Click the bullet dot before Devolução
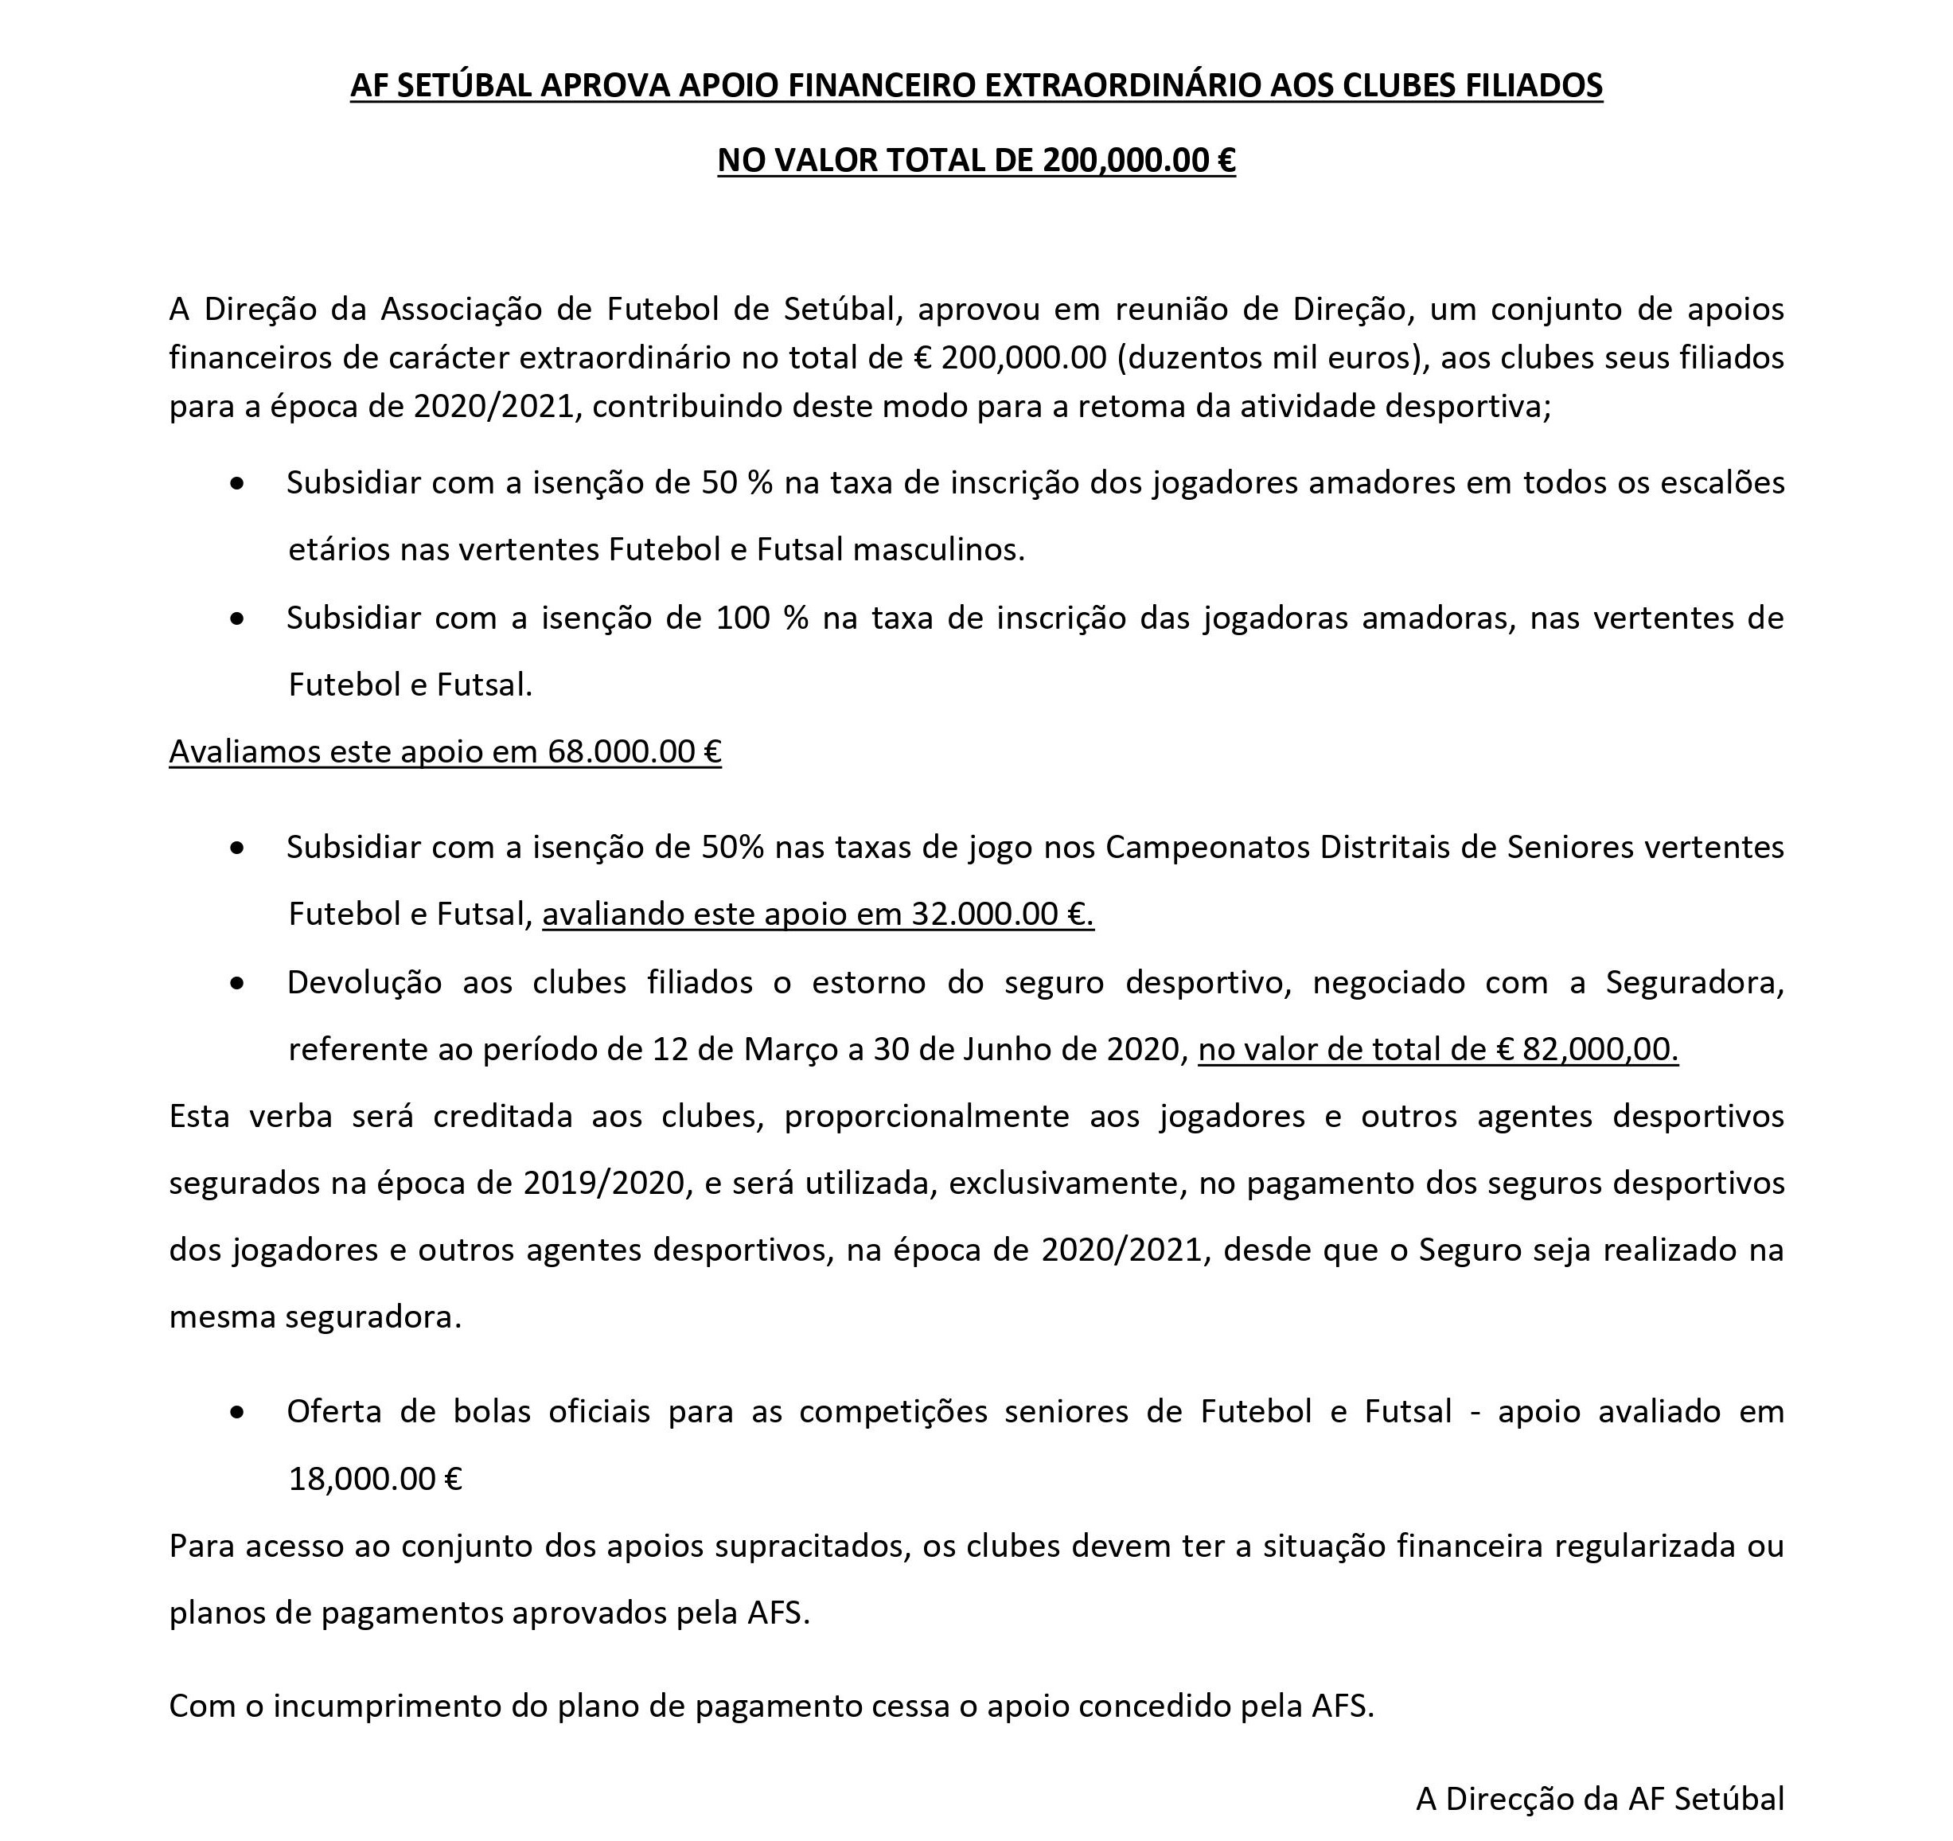click(236, 982)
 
